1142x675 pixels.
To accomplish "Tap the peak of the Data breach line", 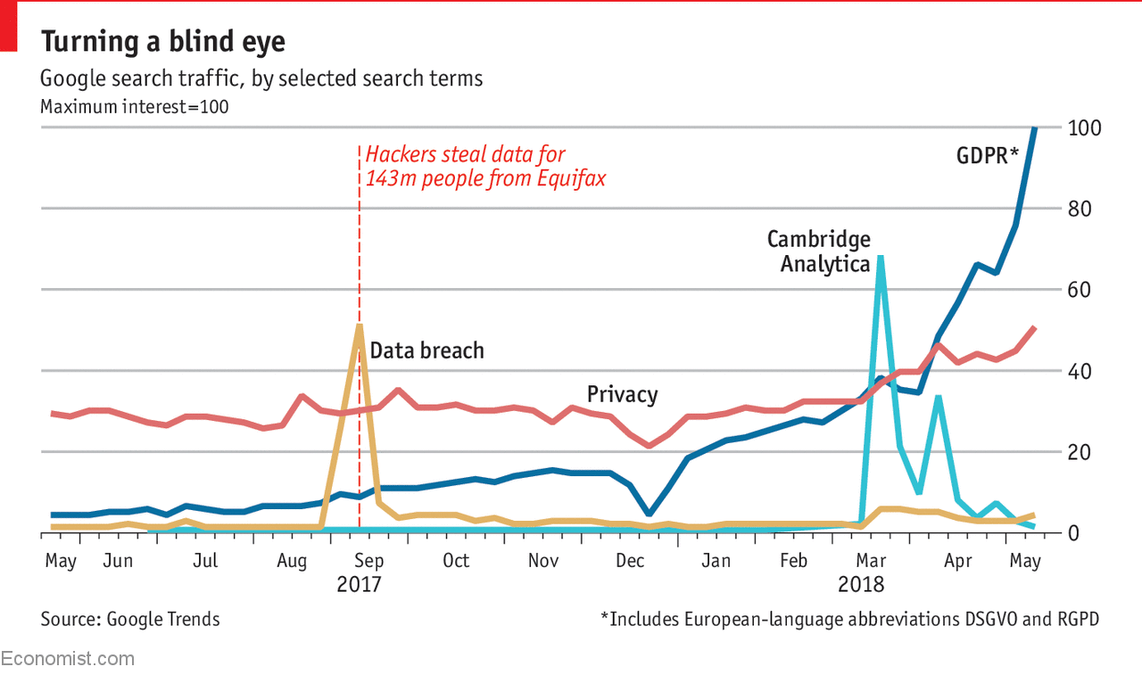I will [359, 325].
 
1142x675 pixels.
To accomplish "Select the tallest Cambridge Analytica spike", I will [881, 258].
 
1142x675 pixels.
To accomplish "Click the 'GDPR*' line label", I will [987, 155].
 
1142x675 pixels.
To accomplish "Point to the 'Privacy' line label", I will [622, 394].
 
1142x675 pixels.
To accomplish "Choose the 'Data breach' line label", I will [426, 350].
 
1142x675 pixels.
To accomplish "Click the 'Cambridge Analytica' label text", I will [819, 251].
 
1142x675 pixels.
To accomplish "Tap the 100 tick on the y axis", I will [1084, 128].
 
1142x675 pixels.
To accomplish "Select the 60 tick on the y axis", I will [1080, 291].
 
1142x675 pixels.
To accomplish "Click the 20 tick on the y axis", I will [1080, 452].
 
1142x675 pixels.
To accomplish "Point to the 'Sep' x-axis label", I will [368, 561].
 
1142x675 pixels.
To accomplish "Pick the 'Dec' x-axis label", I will [630, 561].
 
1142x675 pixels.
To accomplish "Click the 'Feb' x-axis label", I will [793, 561].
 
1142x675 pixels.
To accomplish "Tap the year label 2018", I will [861, 585].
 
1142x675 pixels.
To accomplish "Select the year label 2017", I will [359, 585].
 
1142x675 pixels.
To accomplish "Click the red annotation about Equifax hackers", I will [484, 166].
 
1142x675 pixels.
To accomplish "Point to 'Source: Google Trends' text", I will [130, 619].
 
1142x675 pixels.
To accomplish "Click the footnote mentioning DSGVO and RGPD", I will [849, 619].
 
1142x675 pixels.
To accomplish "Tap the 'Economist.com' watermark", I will [68, 659].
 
